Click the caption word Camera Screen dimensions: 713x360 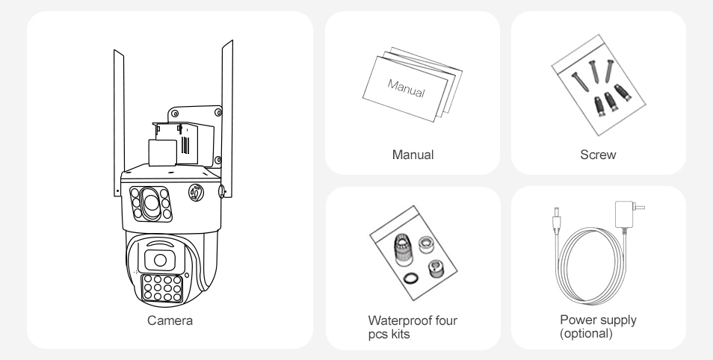[170, 320]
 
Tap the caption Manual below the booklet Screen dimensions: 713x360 [413, 155]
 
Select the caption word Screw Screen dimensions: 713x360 [598, 155]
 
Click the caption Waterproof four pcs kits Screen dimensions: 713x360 [413, 327]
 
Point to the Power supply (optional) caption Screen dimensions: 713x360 [598, 326]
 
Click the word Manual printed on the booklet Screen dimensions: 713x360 [406, 87]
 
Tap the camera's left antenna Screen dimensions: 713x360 [119, 122]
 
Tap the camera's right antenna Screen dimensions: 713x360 [227, 119]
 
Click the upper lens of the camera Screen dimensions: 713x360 [151, 204]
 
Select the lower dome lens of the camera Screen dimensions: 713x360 [160, 260]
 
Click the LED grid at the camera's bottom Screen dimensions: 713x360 [162, 288]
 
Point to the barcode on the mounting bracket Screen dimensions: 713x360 [185, 145]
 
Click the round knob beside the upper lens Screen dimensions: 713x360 [196, 192]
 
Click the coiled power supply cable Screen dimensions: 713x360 [590, 266]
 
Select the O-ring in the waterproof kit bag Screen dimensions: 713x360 [411, 277]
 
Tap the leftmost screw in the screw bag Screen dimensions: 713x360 [580, 81]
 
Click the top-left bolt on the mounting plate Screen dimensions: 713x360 [175, 114]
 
